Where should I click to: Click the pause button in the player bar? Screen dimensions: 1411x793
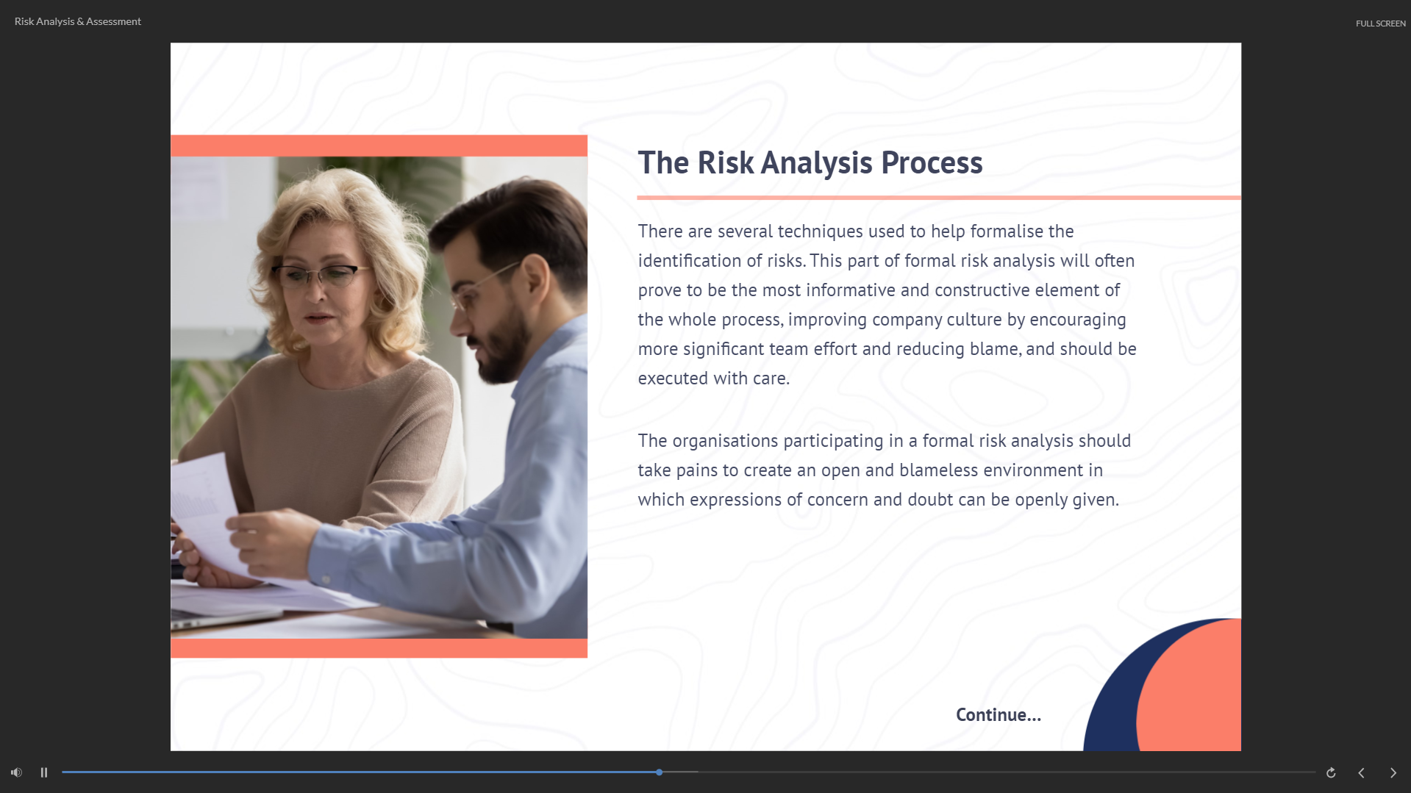coord(44,772)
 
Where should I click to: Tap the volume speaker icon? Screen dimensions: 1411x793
coord(16,772)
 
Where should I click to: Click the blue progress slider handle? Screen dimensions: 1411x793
coord(660,772)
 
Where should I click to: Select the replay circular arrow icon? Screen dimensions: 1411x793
coord(1331,772)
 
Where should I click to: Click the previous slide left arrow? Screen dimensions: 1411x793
coord(1362,772)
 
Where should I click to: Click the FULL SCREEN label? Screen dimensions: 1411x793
coord(1381,24)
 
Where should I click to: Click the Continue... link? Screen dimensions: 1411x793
coord(999,715)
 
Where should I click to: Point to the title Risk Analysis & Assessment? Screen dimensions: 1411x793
coord(78,21)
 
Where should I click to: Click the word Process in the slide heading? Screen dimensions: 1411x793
coord(932,162)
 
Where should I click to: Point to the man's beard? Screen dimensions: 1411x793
coord(504,345)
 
